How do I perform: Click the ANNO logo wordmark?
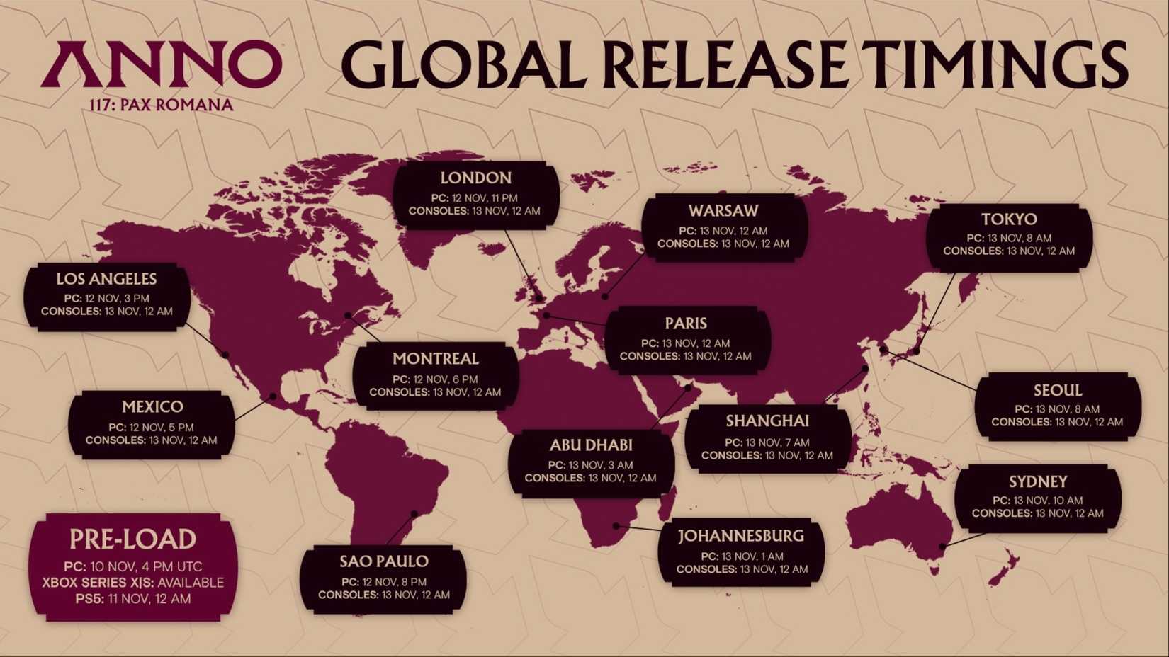(x=162, y=64)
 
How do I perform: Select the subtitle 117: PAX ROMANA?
(x=162, y=105)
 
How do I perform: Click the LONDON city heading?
(x=475, y=178)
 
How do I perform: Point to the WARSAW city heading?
(x=723, y=211)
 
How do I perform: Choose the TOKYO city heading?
(x=1009, y=219)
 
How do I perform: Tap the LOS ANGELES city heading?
(x=106, y=279)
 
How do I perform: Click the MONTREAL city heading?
(x=435, y=359)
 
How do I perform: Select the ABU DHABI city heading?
(x=590, y=445)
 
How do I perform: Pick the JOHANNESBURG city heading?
(x=741, y=536)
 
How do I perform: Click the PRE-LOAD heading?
(x=132, y=539)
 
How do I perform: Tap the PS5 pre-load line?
(x=132, y=599)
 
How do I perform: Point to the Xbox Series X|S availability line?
(x=132, y=583)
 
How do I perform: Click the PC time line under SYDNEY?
(x=1037, y=501)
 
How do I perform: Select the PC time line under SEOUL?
(x=1056, y=409)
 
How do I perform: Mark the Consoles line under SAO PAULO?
(x=383, y=595)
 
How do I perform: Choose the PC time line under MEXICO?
(x=151, y=428)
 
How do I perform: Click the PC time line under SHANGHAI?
(x=767, y=442)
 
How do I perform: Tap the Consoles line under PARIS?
(x=685, y=356)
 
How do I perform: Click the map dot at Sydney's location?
(x=942, y=547)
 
